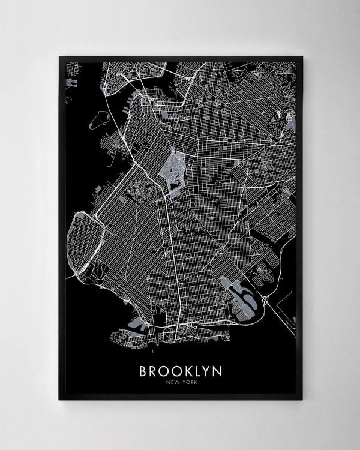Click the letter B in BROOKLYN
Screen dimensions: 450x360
pos(144,371)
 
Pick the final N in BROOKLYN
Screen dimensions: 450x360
pos(217,371)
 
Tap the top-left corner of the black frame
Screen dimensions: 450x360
pos(59,57)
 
